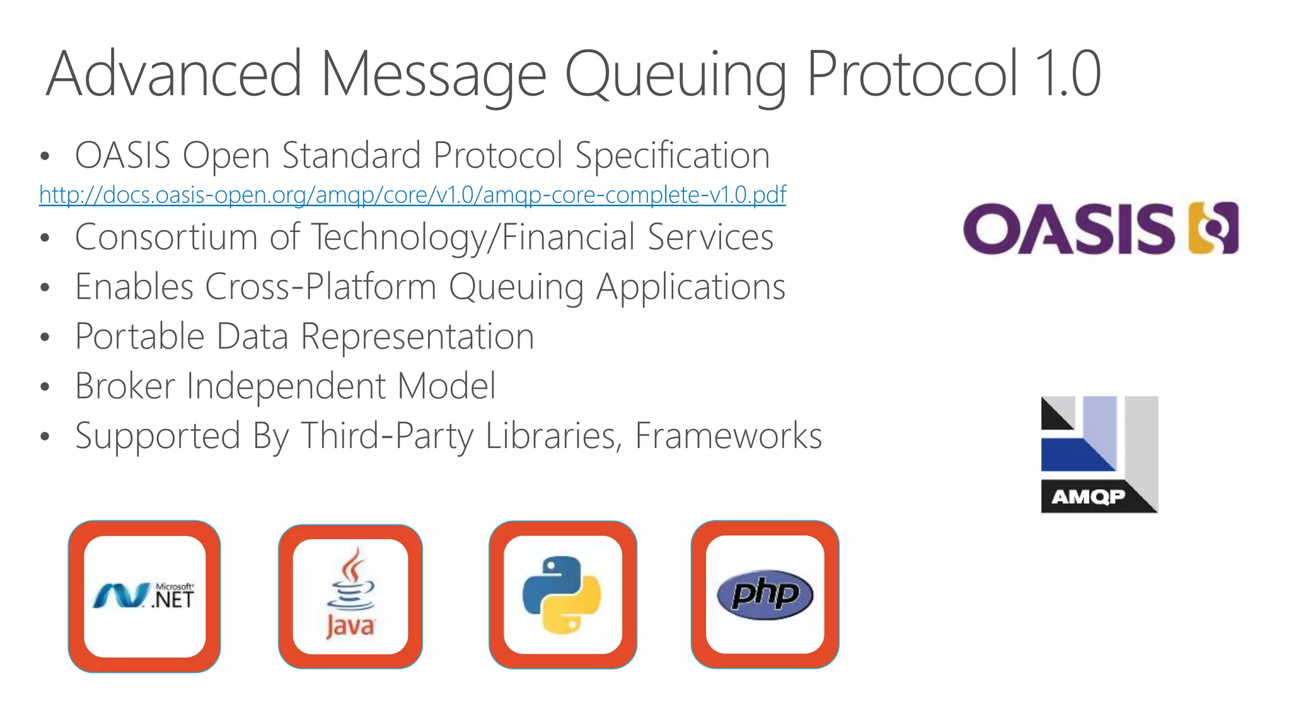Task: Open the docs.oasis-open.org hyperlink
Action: click(412, 195)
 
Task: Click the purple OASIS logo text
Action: click(1068, 229)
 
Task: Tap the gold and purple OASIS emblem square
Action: click(1213, 228)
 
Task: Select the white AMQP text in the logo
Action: click(1088, 497)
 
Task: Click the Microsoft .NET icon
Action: click(144, 596)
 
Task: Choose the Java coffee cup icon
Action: click(350, 596)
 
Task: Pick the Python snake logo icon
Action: click(562, 595)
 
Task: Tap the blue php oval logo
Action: click(765, 594)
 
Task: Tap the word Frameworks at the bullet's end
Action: click(728, 435)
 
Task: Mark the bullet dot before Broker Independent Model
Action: click(44, 387)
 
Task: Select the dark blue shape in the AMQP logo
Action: click(1072, 455)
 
